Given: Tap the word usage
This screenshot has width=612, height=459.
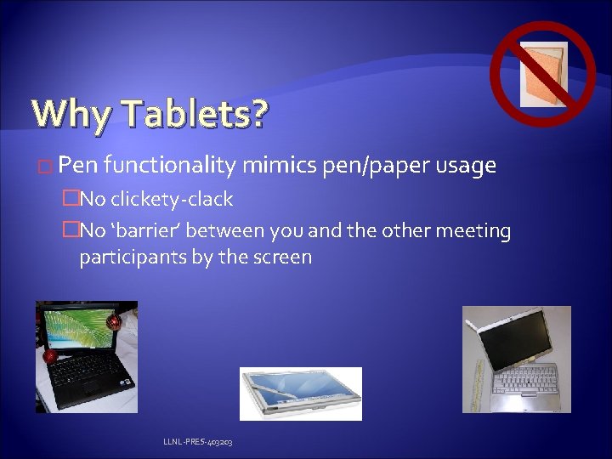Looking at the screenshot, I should pos(466,166).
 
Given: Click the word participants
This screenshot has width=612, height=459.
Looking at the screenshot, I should pos(127,257).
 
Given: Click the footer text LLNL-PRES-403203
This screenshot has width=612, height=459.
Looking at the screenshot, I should pos(199,443).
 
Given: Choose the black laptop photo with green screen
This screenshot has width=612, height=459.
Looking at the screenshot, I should pos(86,357).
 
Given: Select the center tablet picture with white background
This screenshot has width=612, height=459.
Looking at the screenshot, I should pos(300,393).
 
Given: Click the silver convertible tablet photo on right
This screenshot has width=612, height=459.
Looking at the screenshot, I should pos(516,360).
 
